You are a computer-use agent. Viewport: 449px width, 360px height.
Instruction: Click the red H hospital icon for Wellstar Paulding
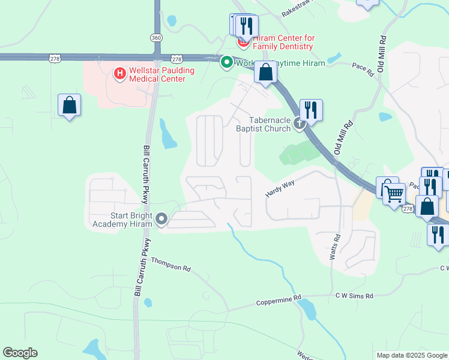[119, 74]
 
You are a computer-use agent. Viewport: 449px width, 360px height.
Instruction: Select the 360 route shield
[156, 37]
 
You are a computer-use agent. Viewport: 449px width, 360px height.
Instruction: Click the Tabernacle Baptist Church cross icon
[300, 124]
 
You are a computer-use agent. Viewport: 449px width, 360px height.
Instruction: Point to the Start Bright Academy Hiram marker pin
[161, 220]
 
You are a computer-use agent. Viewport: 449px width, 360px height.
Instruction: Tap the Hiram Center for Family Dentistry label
[283, 42]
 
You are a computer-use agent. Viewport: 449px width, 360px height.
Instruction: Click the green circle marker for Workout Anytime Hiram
[227, 62]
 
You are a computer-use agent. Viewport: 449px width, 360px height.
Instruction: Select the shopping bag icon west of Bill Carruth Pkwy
[70, 105]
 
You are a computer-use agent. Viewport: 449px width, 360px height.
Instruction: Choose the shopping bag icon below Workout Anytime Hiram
[265, 73]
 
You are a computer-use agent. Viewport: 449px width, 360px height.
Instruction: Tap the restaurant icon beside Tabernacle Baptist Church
[311, 110]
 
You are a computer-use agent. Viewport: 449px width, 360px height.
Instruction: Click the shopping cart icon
[394, 194]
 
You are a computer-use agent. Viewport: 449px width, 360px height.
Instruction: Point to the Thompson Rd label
[170, 265]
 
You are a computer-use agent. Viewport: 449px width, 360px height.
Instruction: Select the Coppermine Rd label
[278, 301]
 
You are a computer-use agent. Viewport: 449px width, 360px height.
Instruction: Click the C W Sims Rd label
[354, 296]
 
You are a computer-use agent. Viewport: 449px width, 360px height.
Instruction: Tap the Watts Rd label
[335, 247]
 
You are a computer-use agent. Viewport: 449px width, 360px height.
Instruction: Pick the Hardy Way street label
[280, 190]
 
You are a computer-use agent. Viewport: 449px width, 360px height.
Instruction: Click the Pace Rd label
[363, 70]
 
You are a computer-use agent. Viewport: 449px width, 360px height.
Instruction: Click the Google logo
[20, 353]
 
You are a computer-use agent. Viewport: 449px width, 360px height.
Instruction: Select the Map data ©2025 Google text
[411, 355]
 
